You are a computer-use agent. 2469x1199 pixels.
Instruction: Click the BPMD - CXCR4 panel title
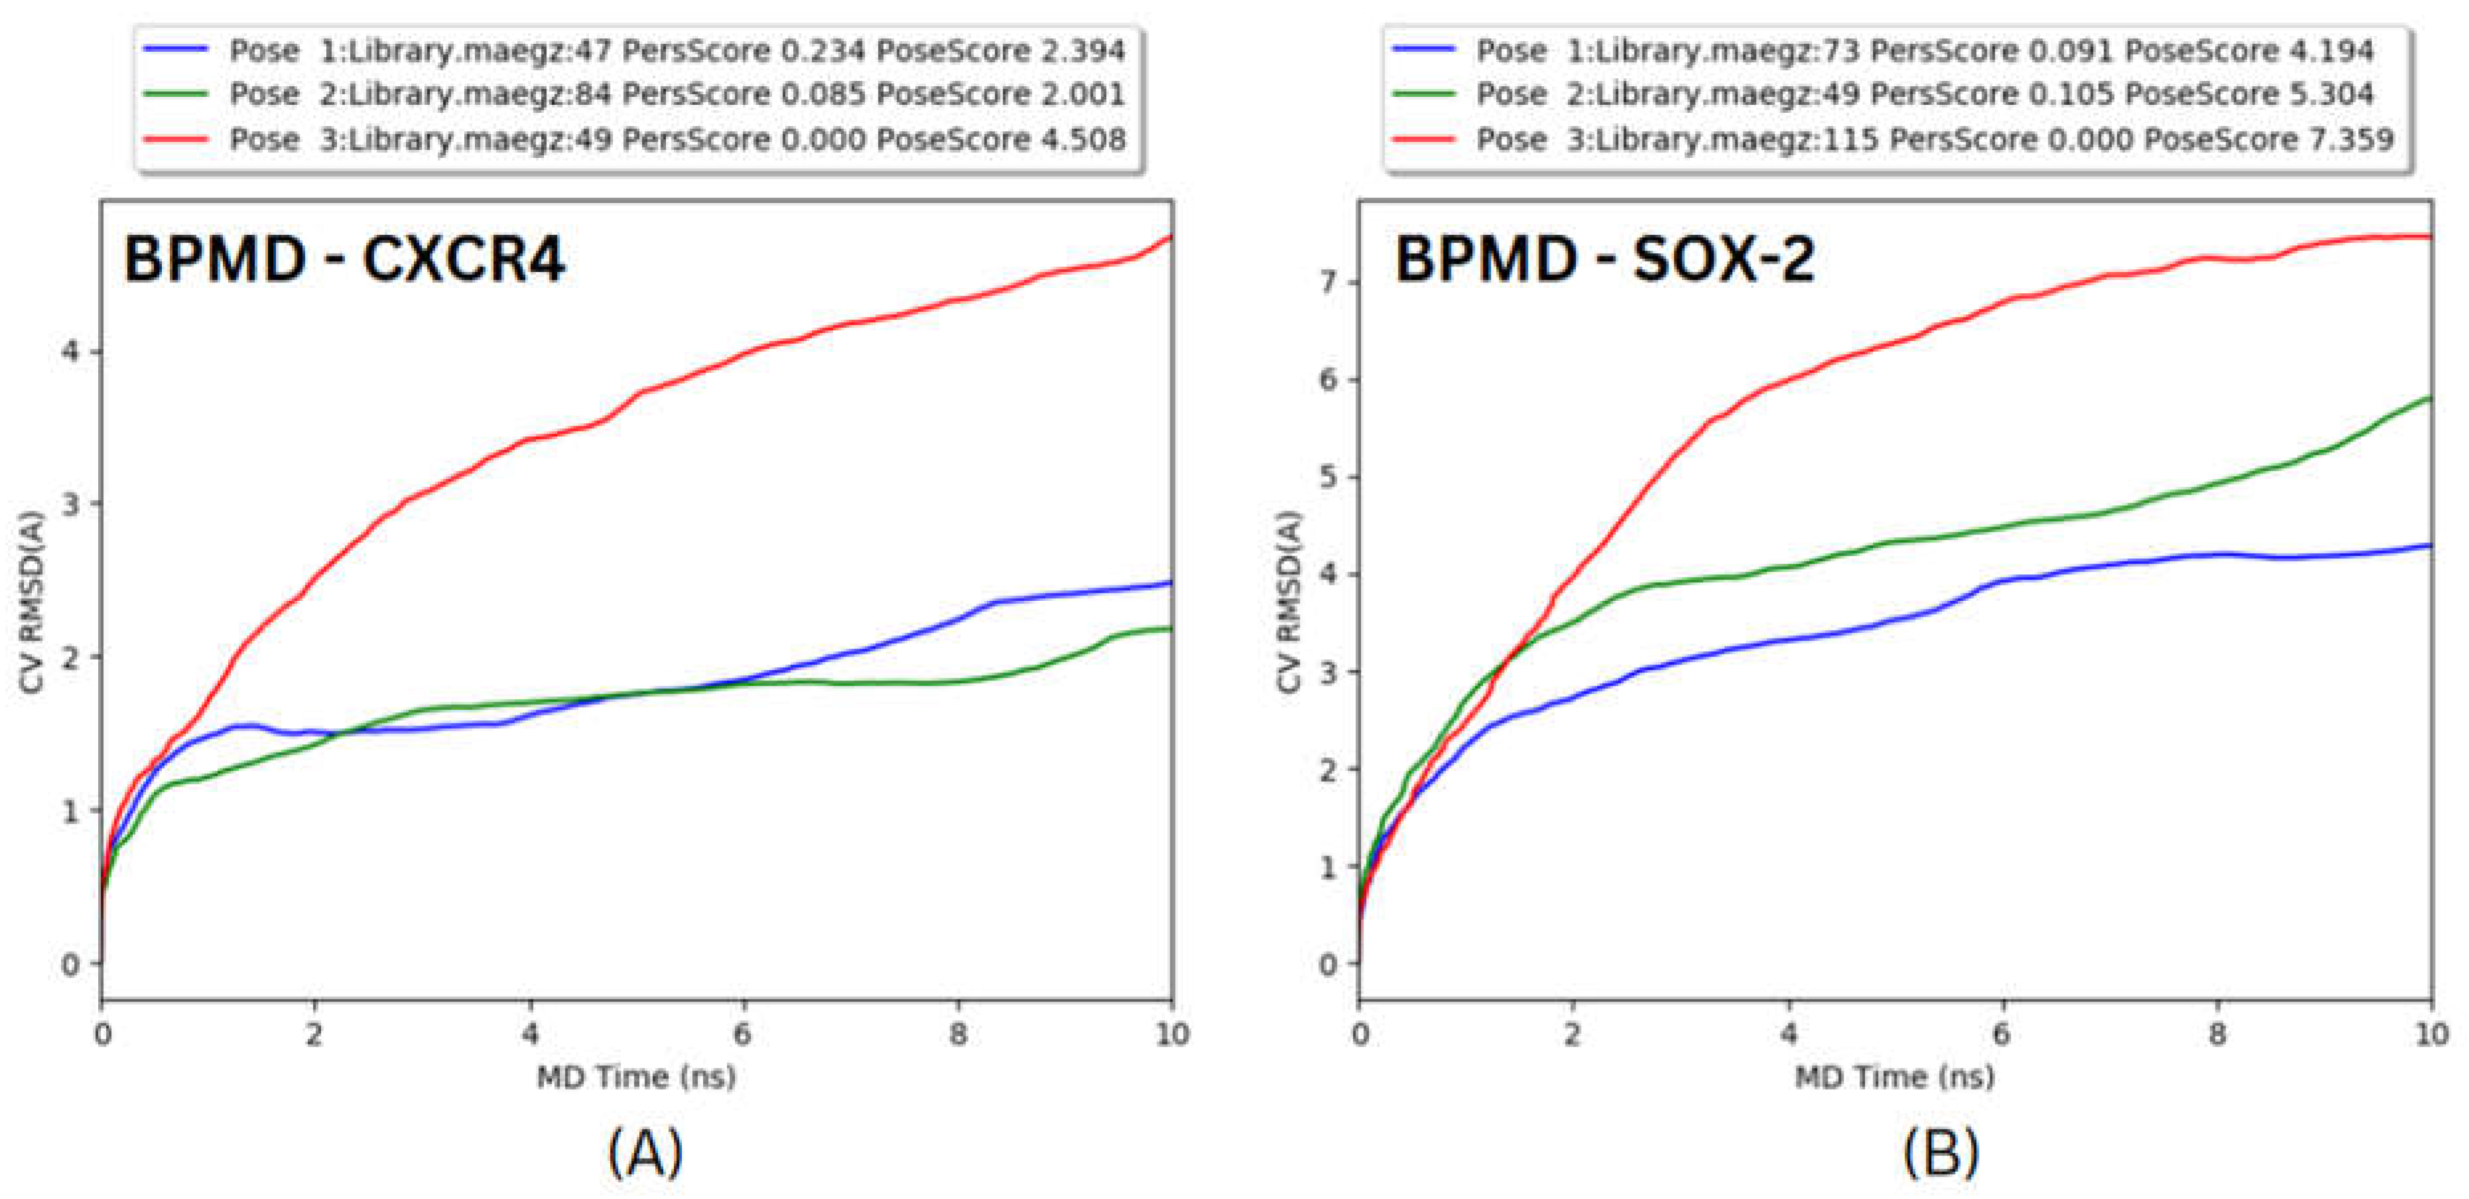[x=344, y=259]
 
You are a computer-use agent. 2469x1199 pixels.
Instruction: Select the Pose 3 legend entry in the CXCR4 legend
[x=676, y=140]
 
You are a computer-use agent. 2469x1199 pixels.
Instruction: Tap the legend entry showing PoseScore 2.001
[x=676, y=94]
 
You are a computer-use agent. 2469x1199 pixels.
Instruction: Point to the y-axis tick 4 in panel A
[x=69, y=351]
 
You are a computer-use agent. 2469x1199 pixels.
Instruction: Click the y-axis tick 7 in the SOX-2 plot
[x=1328, y=283]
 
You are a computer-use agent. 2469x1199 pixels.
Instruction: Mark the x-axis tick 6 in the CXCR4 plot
[x=743, y=1035]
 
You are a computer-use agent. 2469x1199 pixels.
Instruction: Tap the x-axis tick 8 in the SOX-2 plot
[x=2217, y=1035]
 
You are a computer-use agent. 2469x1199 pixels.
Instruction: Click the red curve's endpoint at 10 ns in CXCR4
[x=1171, y=236]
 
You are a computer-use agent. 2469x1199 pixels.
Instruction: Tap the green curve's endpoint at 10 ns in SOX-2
[x=2431, y=398]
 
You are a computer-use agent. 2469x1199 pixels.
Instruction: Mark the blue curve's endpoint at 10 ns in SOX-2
[x=2431, y=545]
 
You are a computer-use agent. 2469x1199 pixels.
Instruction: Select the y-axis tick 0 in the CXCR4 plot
[x=69, y=964]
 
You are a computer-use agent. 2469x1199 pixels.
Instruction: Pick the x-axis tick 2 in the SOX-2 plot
[x=1572, y=1035]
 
